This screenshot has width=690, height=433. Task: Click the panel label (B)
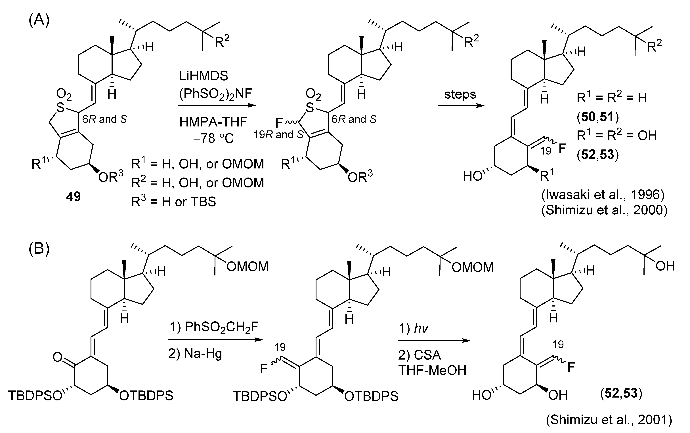(x=39, y=249)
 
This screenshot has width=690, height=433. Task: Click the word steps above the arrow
(x=460, y=94)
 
